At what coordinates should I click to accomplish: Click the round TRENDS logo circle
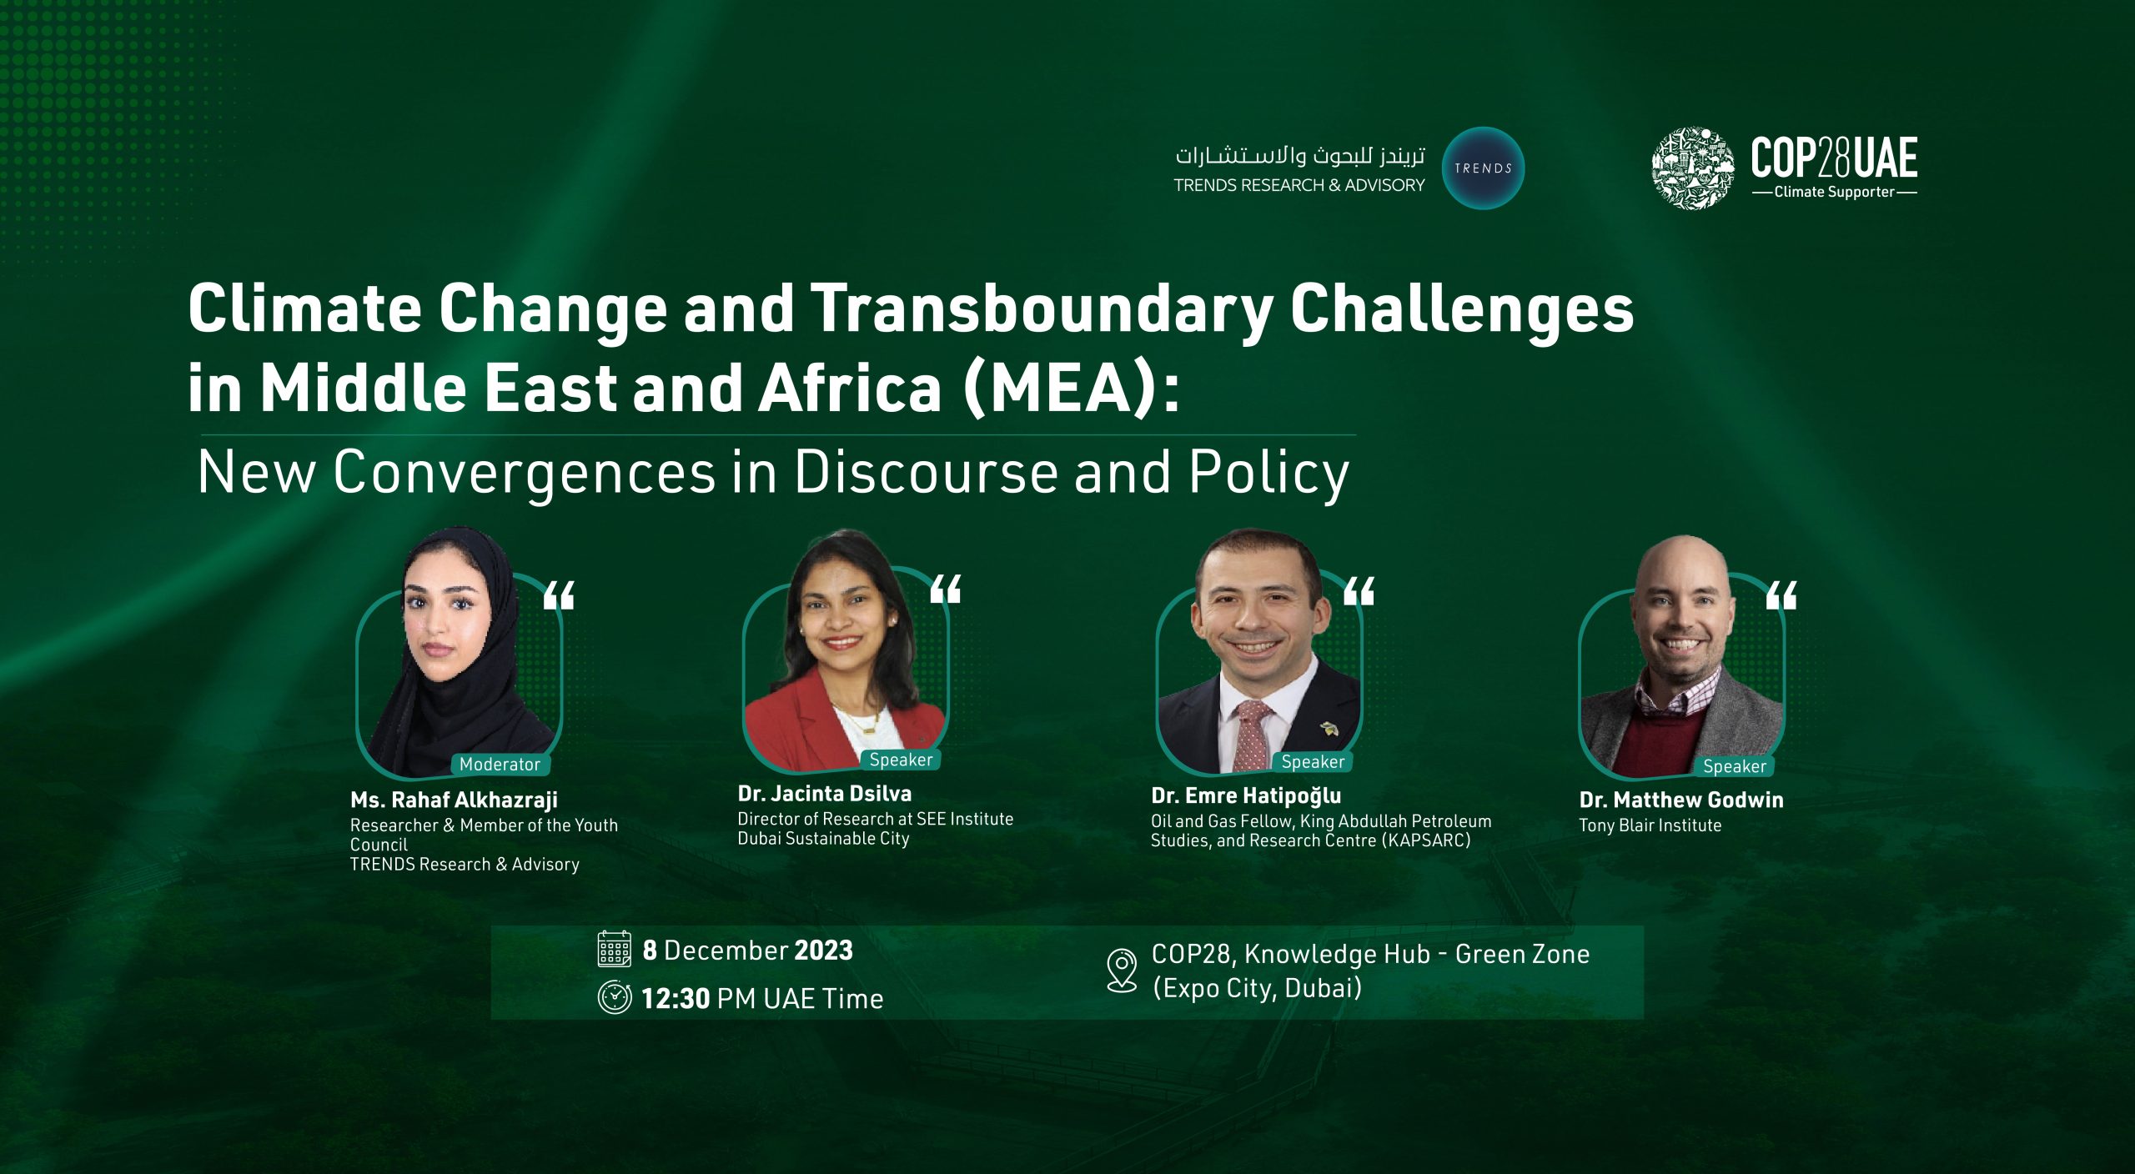1483,168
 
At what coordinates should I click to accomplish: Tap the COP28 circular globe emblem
1693,168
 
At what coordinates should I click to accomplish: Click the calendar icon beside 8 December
615,949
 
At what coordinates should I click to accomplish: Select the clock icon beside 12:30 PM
615,997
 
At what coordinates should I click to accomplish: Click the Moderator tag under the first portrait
500,764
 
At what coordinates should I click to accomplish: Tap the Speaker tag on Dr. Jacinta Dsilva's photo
901,760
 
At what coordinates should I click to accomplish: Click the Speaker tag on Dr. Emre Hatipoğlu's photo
1313,761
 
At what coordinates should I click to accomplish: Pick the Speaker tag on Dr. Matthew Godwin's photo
1735,766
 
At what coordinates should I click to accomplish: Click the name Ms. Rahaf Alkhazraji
454,800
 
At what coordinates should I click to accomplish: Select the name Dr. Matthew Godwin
1681,800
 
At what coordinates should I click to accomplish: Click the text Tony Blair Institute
1650,825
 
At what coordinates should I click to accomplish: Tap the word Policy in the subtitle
1268,474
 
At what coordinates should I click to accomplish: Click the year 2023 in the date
823,951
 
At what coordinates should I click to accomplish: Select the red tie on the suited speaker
1252,735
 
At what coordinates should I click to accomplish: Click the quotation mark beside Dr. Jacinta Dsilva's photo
946,589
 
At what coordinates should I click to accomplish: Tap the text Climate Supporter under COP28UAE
1834,192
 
